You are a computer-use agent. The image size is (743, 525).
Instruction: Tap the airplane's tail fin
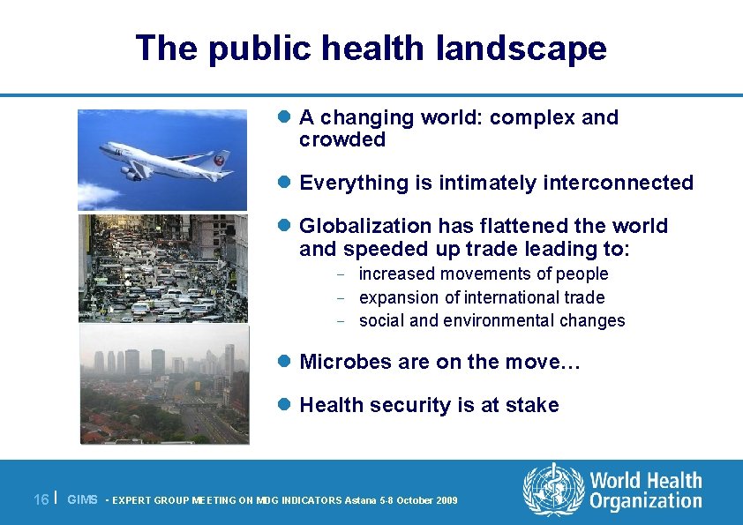221,160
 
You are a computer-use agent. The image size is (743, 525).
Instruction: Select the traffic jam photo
163,268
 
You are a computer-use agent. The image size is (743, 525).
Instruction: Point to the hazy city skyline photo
163,385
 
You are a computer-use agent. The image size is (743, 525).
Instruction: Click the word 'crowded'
342,140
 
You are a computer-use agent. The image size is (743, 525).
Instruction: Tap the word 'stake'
531,405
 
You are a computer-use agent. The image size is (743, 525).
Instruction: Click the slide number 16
41,499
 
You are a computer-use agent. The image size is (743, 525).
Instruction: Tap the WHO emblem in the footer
553,490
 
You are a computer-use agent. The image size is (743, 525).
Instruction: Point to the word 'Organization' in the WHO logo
646,503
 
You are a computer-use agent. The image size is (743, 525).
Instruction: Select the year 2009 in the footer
446,500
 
